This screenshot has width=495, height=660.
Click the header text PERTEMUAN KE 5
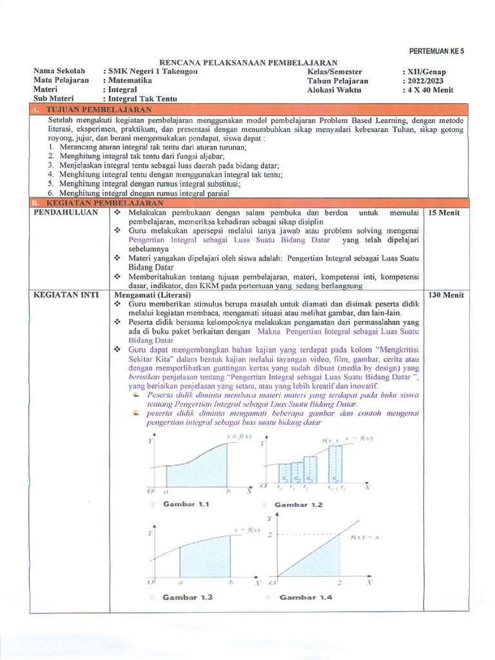[x=436, y=51]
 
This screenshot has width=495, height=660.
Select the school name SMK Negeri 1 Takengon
[x=152, y=72]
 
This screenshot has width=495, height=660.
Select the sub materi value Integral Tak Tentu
[x=142, y=99]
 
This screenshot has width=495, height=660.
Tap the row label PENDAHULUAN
[x=66, y=212]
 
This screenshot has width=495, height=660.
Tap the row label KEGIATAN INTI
[x=66, y=295]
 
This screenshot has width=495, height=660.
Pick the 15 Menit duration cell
[x=444, y=212]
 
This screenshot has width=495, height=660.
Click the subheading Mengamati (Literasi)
[x=148, y=295]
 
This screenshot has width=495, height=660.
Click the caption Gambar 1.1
[x=186, y=504]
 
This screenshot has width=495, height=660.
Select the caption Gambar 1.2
[x=298, y=505]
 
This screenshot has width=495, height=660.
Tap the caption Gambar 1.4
[x=306, y=597]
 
